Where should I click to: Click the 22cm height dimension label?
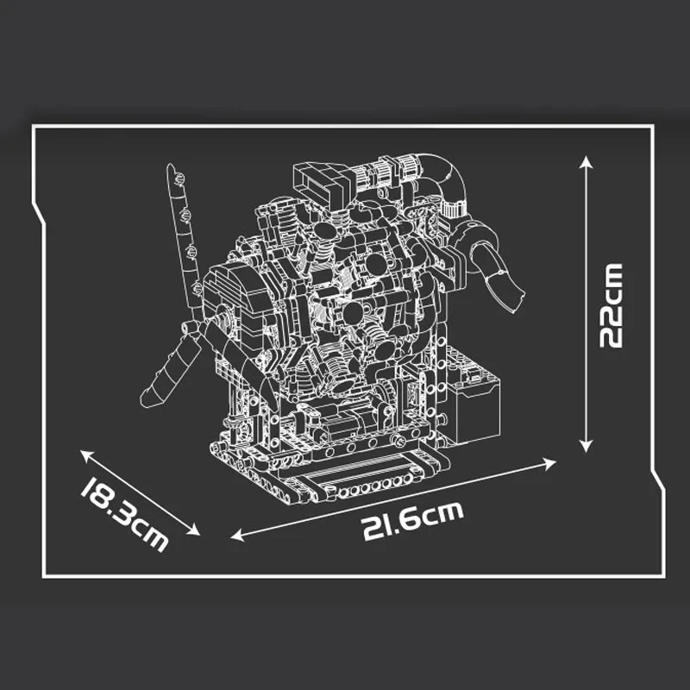click(610, 305)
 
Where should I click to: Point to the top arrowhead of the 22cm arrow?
click(586, 160)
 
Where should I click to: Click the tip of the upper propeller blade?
click(170, 166)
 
